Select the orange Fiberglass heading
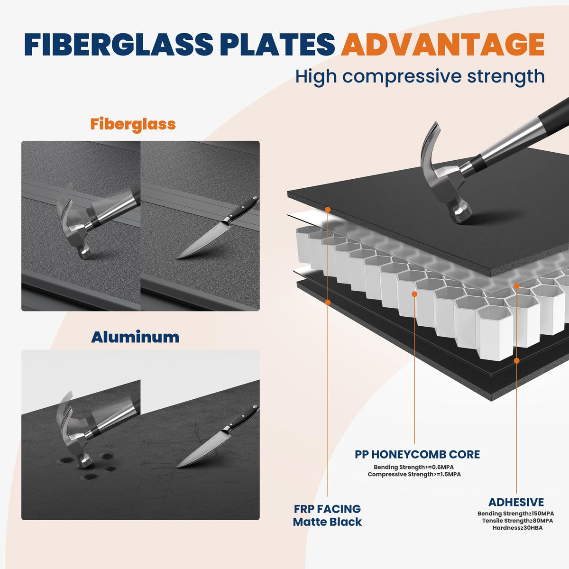[133, 124]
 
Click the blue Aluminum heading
[135, 337]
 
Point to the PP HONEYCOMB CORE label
[417, 454]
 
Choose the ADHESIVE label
[516, 502]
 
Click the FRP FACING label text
[327, 509]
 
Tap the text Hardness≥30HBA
[517, 528]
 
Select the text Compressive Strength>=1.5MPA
[414, 474]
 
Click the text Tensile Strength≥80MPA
[517, 521]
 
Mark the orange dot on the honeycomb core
[414, 294]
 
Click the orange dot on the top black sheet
[328, 210]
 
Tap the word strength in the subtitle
[506, 76]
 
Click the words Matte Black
[327, 522]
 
